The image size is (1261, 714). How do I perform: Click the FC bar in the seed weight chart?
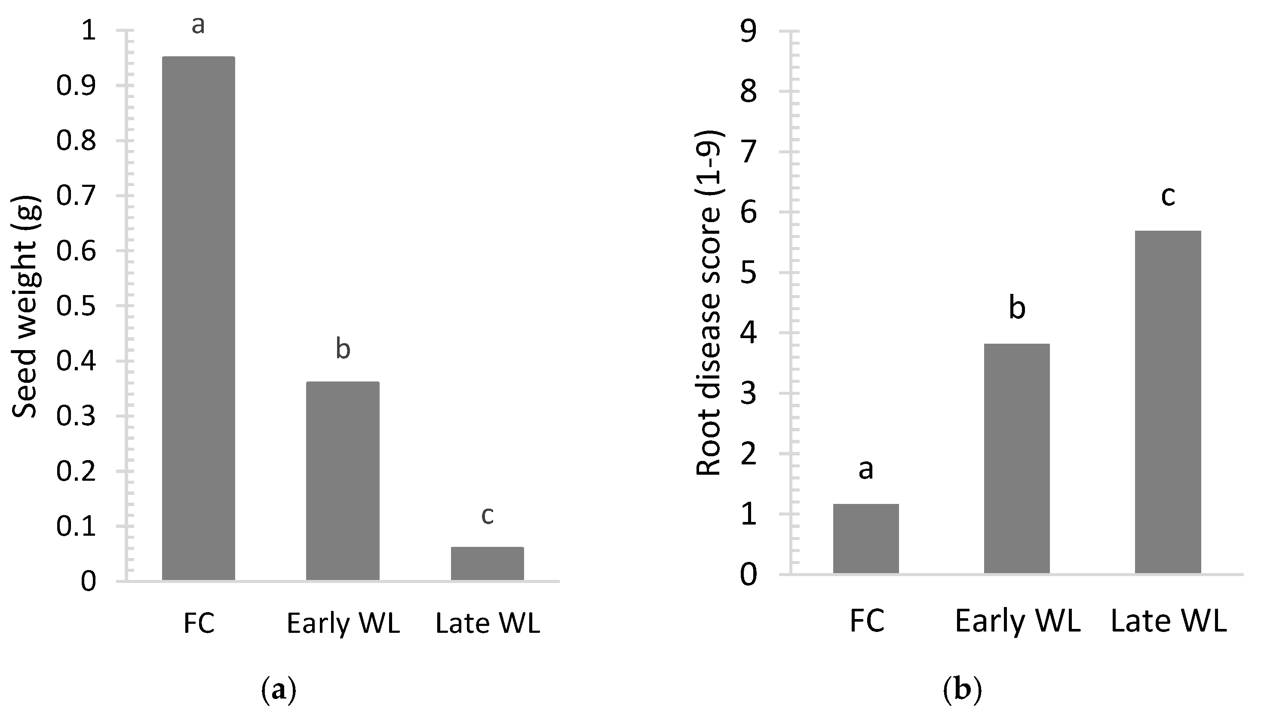pos(198,319)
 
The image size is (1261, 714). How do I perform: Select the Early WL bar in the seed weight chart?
pos(343,481)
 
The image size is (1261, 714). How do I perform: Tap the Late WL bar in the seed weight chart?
pos(487,564)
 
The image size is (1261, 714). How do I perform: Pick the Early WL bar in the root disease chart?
pos(1017,458)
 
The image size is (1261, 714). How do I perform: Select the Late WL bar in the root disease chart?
pos(1168,402)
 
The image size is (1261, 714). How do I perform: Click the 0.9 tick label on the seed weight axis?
pos(76,86)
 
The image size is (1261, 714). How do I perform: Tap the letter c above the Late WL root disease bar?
pos(1168,196)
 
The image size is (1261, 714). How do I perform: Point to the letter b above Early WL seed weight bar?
pos(343,349)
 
